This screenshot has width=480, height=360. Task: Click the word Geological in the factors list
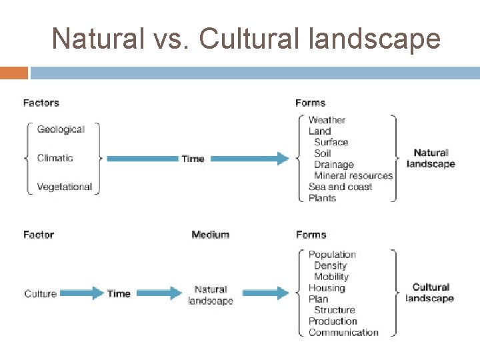61,129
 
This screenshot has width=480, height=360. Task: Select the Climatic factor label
55,158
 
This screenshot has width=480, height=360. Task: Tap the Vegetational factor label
64,187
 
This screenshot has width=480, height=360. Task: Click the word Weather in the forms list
327,120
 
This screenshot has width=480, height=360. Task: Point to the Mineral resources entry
353,175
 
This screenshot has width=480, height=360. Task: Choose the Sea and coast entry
340,187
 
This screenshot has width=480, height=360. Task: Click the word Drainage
333,165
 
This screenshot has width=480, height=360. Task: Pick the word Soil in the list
322,153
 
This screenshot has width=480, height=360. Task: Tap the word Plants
322,198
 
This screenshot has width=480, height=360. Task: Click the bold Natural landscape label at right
431,159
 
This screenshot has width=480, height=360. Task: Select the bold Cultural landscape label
430,293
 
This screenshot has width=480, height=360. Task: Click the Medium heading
210,235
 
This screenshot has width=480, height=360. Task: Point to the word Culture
40,293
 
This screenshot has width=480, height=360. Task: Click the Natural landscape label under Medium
211,295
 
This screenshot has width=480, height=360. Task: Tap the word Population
332,255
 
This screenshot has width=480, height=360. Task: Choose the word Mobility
331,277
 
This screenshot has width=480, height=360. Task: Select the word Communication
343,333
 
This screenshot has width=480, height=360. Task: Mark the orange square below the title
14,73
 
